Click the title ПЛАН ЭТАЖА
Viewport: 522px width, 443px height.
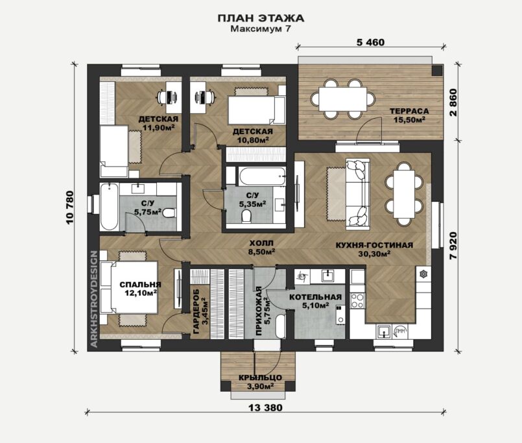[x=261, y=18]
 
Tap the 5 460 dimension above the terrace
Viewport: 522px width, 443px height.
[x=370, y=42]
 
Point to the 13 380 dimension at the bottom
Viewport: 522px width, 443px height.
[x=265, y=407]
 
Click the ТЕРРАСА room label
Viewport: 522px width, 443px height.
[x=409, y=112]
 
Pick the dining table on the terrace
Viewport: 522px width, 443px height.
[x=343, y=99]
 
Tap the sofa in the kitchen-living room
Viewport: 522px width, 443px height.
[x=358, y=194]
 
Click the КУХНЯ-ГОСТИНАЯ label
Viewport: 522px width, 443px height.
[x=374, y=245]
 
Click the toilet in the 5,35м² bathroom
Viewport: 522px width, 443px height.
[x=246, y=215]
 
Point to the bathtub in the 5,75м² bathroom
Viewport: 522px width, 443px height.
[x=109, y=206]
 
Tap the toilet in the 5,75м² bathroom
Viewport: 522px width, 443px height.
[x=169, y=212]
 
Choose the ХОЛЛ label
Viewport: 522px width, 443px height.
[x=261, y=243]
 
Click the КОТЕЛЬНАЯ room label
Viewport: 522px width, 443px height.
[x=315, y=297]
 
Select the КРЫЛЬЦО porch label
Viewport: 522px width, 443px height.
[x=260, y=377]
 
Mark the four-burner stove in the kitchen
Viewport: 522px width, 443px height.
[x=357, y=300]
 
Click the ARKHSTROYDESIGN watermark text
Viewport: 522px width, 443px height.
[x=94, y=299]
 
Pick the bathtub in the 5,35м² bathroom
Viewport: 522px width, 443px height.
[x=261, y=176]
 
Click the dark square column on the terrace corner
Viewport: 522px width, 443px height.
[x=437, y=70]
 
